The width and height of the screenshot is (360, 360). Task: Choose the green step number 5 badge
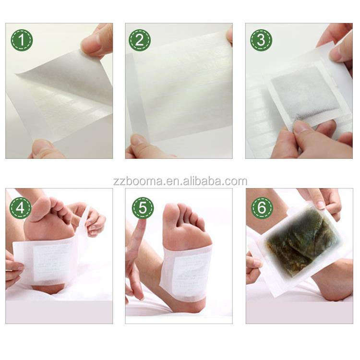(143, 207)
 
